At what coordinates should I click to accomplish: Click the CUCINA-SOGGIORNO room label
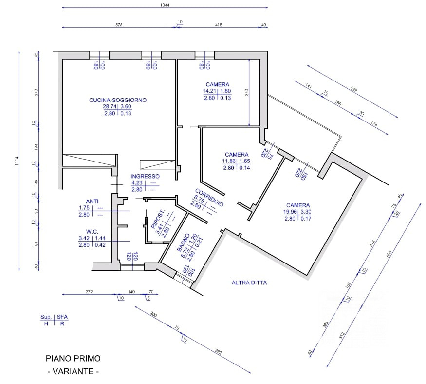point(118,100)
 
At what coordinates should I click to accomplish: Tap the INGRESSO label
point(145,176)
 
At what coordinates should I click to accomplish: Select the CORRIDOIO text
point(209,198)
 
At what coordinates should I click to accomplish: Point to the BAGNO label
point(183,243)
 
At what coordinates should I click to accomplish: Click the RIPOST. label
point(158,219)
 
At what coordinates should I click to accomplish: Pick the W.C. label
point(92,232)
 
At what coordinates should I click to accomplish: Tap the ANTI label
point(92,201)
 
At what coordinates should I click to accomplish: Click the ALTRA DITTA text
point(249,283)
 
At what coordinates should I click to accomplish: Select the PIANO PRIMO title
point(73,359)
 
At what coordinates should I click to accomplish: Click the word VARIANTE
point(73,371)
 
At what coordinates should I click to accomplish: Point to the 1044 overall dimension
point(165,5)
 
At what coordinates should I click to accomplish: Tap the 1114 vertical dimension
point(17,161)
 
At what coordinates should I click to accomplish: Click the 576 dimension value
point(119,25)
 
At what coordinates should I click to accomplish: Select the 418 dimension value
point(219,25)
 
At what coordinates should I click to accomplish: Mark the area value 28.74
point(110,106)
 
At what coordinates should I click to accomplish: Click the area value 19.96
point(290,212)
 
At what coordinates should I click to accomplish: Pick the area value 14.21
point(209,91)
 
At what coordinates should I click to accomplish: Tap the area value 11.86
point(229,161)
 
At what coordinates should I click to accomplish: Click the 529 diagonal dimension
point(354,89)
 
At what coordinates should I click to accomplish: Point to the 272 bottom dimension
point(89,292)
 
